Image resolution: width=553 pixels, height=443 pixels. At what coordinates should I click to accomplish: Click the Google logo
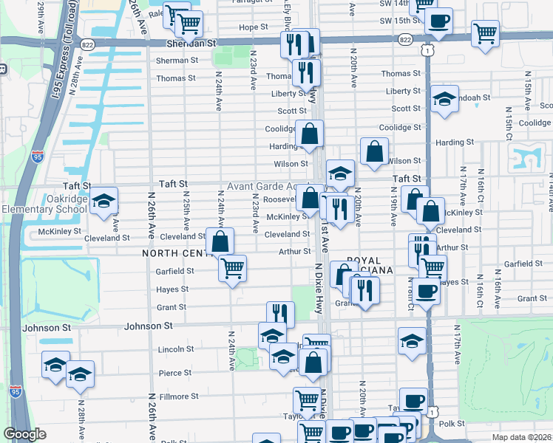(25, 434)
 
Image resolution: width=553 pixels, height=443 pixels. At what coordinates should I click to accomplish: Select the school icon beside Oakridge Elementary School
(104, 201)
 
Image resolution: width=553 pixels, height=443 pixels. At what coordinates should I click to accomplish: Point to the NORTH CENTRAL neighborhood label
(177, 253)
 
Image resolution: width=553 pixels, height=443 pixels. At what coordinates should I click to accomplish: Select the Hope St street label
(253, 27)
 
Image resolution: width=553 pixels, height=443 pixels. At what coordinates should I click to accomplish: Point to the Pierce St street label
(176, 374)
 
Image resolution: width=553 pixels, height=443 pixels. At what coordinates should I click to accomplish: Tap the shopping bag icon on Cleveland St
(220, 241)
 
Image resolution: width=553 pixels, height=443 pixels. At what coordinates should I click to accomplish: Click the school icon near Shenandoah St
(444, 100)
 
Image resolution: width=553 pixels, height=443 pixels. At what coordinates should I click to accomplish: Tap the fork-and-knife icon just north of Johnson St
(280, 314)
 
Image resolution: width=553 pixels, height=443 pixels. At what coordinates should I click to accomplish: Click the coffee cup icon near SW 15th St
(438, 21)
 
